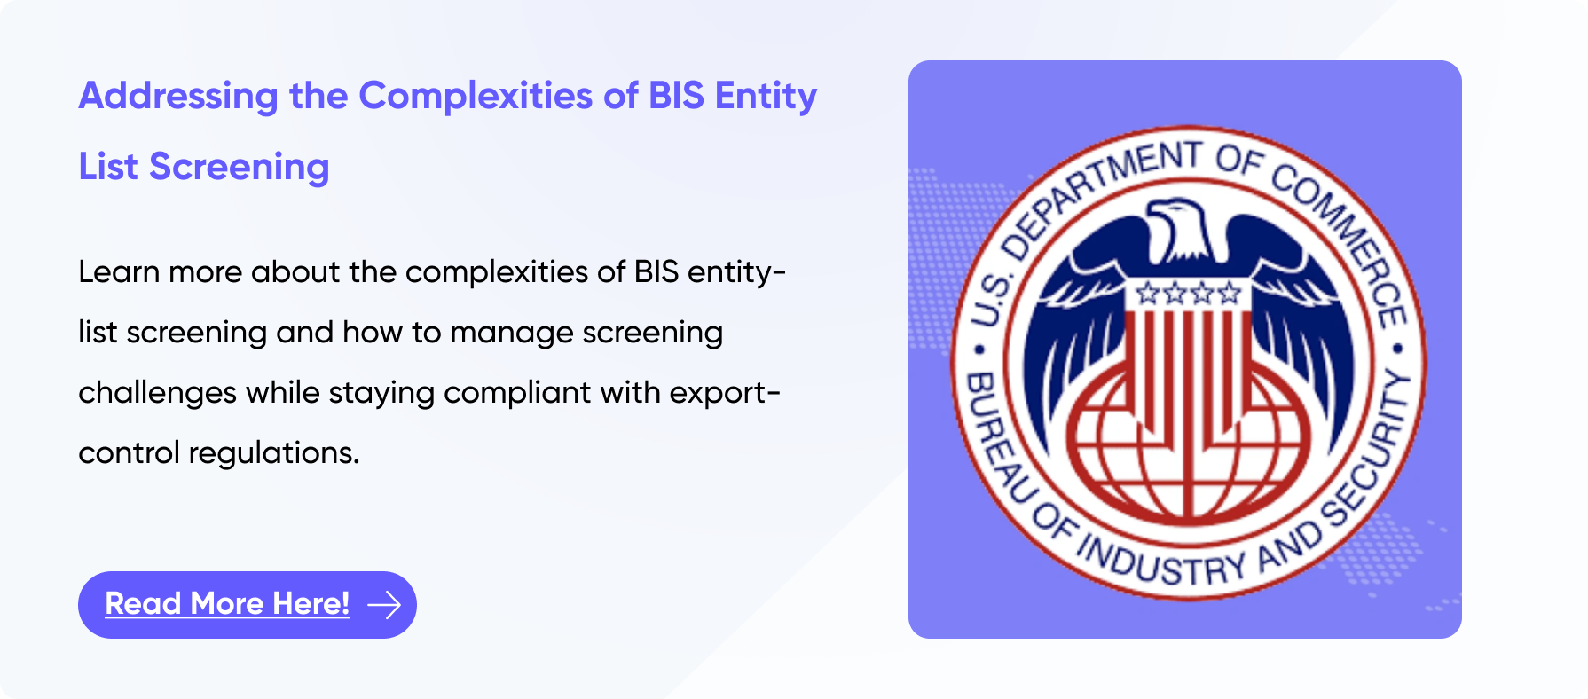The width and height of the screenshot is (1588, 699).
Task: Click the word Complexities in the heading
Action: coord(475,97)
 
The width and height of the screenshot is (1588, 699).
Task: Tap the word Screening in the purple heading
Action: coord(239,168)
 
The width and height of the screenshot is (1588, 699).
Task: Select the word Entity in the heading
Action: coord(766,97)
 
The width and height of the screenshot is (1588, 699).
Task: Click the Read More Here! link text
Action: coord(227,604)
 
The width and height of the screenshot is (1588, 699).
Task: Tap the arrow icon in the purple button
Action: coord(384,605)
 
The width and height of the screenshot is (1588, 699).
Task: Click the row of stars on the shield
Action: coord(1188,293)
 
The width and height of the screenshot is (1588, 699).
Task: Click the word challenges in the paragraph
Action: coord(157,392)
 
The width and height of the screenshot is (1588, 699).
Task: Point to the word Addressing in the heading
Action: coord(178,97)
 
